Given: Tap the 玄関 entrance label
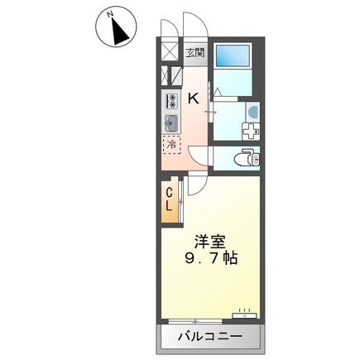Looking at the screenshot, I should (195, 54).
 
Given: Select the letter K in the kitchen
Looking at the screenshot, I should (194, 98).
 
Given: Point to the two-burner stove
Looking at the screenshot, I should (171, 102).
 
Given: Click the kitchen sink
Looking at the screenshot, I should (171, 124).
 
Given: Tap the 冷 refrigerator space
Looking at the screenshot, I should (171, 146).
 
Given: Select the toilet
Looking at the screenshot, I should (247, 157).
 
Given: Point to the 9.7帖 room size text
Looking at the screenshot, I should (210, 258).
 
